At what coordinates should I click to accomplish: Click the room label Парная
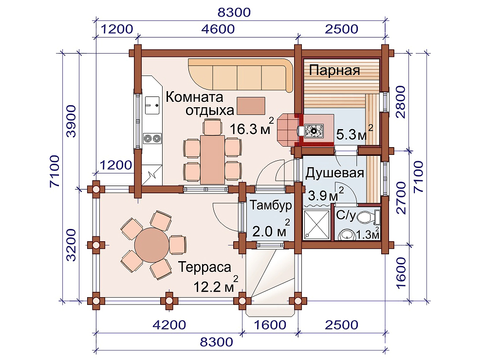[334, 71]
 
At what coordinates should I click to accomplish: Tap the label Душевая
[335, 173]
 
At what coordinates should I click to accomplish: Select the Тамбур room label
[271, 205]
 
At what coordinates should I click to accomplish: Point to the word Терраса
[204, 267]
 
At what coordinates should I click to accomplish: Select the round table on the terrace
[152, 245]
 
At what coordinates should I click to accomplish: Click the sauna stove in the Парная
[313, 131]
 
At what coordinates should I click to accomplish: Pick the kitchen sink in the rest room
[152, 106]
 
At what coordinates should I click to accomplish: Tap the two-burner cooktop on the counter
[152, 138]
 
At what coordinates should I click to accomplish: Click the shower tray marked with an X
[316, 225]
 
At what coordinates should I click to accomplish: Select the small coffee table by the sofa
[251, 106]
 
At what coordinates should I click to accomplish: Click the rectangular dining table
[212, 159]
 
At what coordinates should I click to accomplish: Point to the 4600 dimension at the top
[218, 29]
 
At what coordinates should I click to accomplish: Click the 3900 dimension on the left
[71, 121]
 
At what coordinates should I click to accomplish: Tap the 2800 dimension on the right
[401, 102]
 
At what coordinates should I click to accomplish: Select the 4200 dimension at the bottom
[169, 325]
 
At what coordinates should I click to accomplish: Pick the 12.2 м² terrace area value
[216, 285]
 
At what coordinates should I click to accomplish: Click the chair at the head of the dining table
[212, 127]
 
